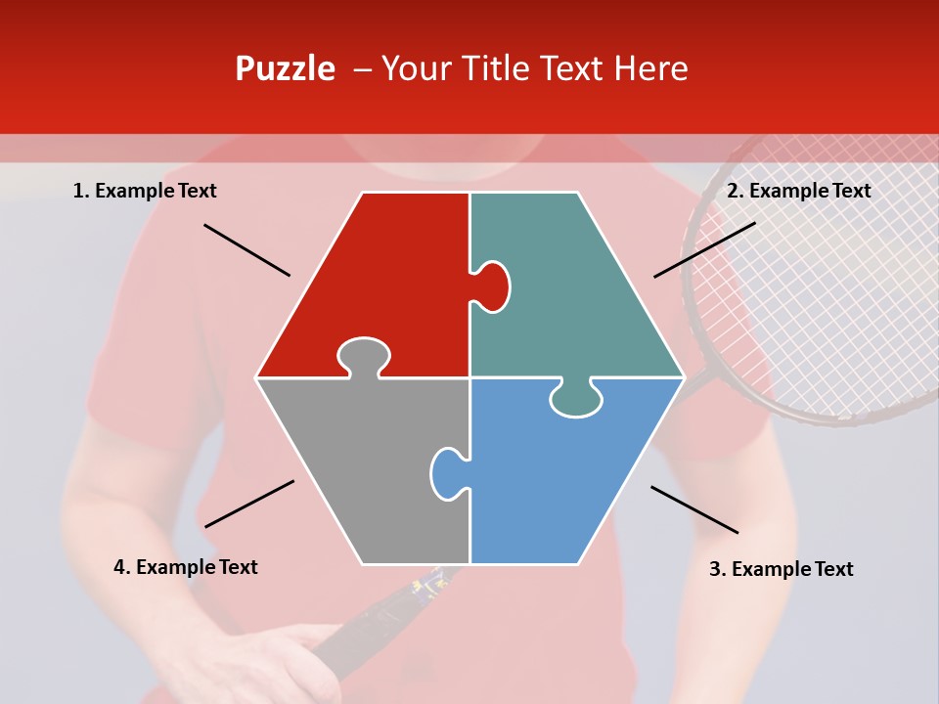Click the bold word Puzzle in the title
(285, 68)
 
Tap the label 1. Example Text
(145, 191)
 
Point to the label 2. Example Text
(798, 191)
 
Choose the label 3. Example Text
(781, 569)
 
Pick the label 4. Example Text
(186, 567)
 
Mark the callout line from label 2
(704, 249)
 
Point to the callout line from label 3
(694, 509)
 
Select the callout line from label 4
(249, 504)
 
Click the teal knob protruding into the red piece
(492, 286)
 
